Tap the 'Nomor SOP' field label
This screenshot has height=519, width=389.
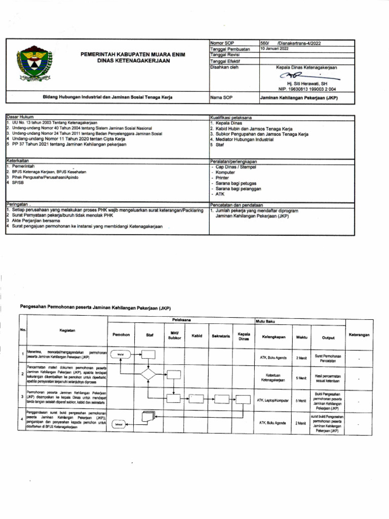[222, 44]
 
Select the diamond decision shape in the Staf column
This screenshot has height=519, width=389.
[149, 375]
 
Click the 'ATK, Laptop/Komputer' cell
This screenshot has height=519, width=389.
[273, 400]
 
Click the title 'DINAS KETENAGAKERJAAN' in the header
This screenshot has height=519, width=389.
[127, 60]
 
